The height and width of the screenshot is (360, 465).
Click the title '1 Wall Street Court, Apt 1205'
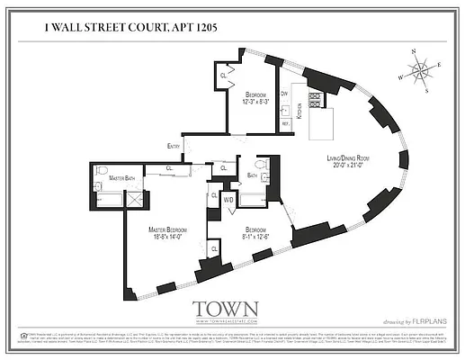[130, 29]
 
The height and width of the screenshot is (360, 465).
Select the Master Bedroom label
[168, 233]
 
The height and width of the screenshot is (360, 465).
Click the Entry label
[173, 147]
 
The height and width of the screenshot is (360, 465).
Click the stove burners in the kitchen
[316, 100]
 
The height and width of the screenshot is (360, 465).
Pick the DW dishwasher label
[284, 94]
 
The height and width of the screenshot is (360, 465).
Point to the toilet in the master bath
[102, 173]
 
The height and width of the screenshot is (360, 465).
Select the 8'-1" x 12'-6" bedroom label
[257, 233]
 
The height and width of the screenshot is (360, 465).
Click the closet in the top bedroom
[224, 77]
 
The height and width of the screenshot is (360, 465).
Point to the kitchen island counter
[322, 125]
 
